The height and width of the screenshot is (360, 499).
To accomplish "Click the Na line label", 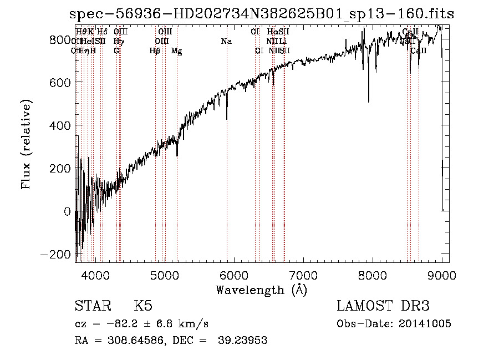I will (226, 41).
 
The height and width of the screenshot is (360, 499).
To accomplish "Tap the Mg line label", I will (177, 51).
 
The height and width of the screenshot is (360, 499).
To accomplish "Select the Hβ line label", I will (155, 51).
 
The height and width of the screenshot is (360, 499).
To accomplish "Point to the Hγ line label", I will (118, 41).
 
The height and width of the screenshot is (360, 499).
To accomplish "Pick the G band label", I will (116, 50).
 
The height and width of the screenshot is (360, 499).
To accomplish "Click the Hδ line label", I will (102, 32).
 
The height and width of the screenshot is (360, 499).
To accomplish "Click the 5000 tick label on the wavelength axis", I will (164, 275).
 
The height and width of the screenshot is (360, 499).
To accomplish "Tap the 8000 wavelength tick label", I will (373, 275).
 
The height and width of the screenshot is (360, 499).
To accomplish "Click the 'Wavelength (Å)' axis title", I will (262, 290).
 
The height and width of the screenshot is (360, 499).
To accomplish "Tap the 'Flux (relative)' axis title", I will (27, 144).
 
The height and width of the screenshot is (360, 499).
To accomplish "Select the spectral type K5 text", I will (142, 306).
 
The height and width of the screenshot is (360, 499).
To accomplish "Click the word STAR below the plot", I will (93, 306).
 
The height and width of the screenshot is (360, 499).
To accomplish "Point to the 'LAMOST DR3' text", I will (383, 306).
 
